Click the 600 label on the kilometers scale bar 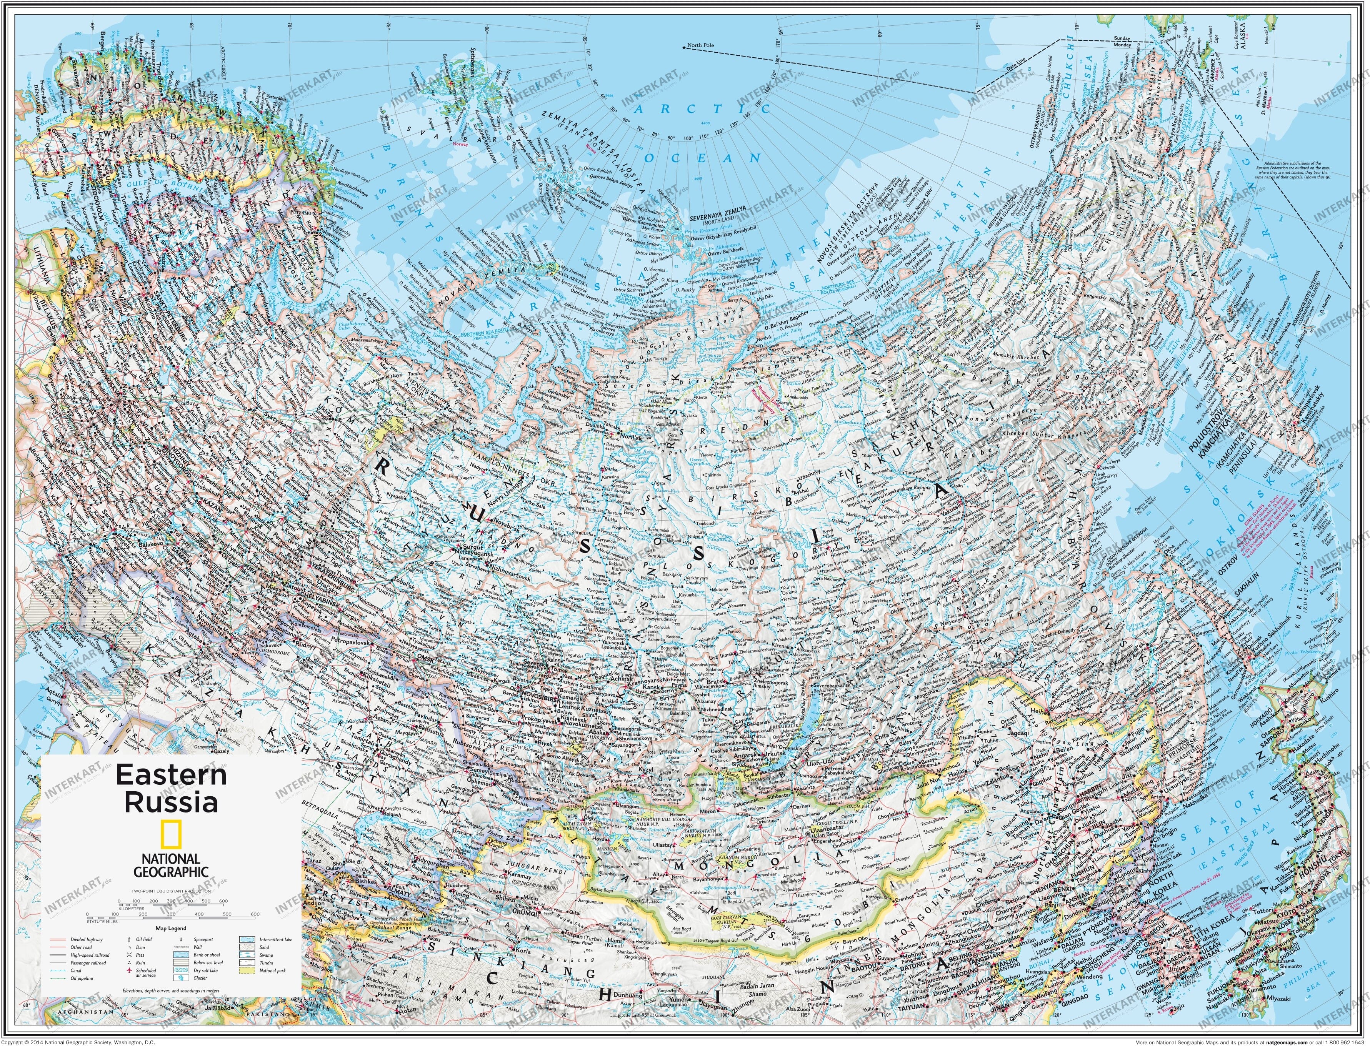click(x=224, y=901)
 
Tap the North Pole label click(x=701, y=45)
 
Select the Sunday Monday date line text click(x=1122, y=42)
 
